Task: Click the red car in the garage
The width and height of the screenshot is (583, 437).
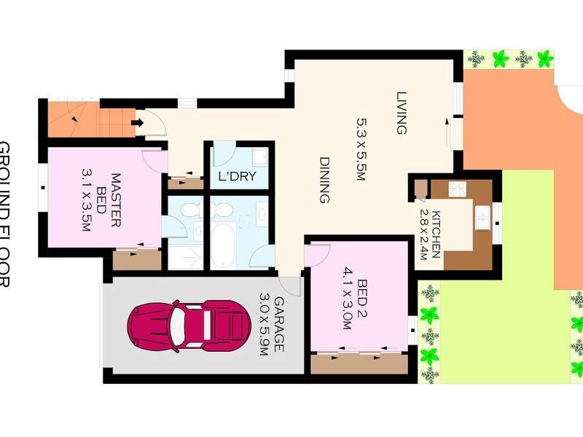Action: click(185, 324)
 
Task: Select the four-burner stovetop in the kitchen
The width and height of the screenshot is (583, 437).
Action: click(457, 189)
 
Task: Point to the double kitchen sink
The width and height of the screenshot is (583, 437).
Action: click(482, 216)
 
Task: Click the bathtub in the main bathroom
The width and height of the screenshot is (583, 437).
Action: click(223, 246)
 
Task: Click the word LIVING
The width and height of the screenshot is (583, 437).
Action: click(400, 113)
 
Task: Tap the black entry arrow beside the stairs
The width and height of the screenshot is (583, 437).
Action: click(136, 122)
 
